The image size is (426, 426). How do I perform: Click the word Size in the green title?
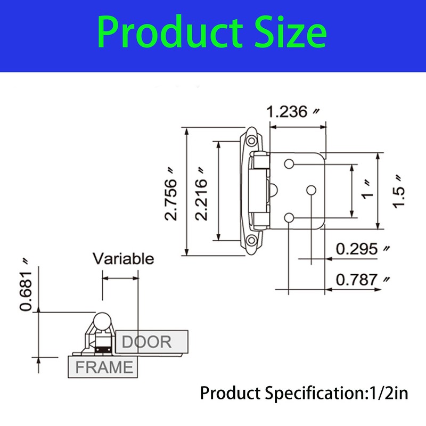[x=290, y=32]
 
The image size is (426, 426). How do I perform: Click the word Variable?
[x=124, y=258]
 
